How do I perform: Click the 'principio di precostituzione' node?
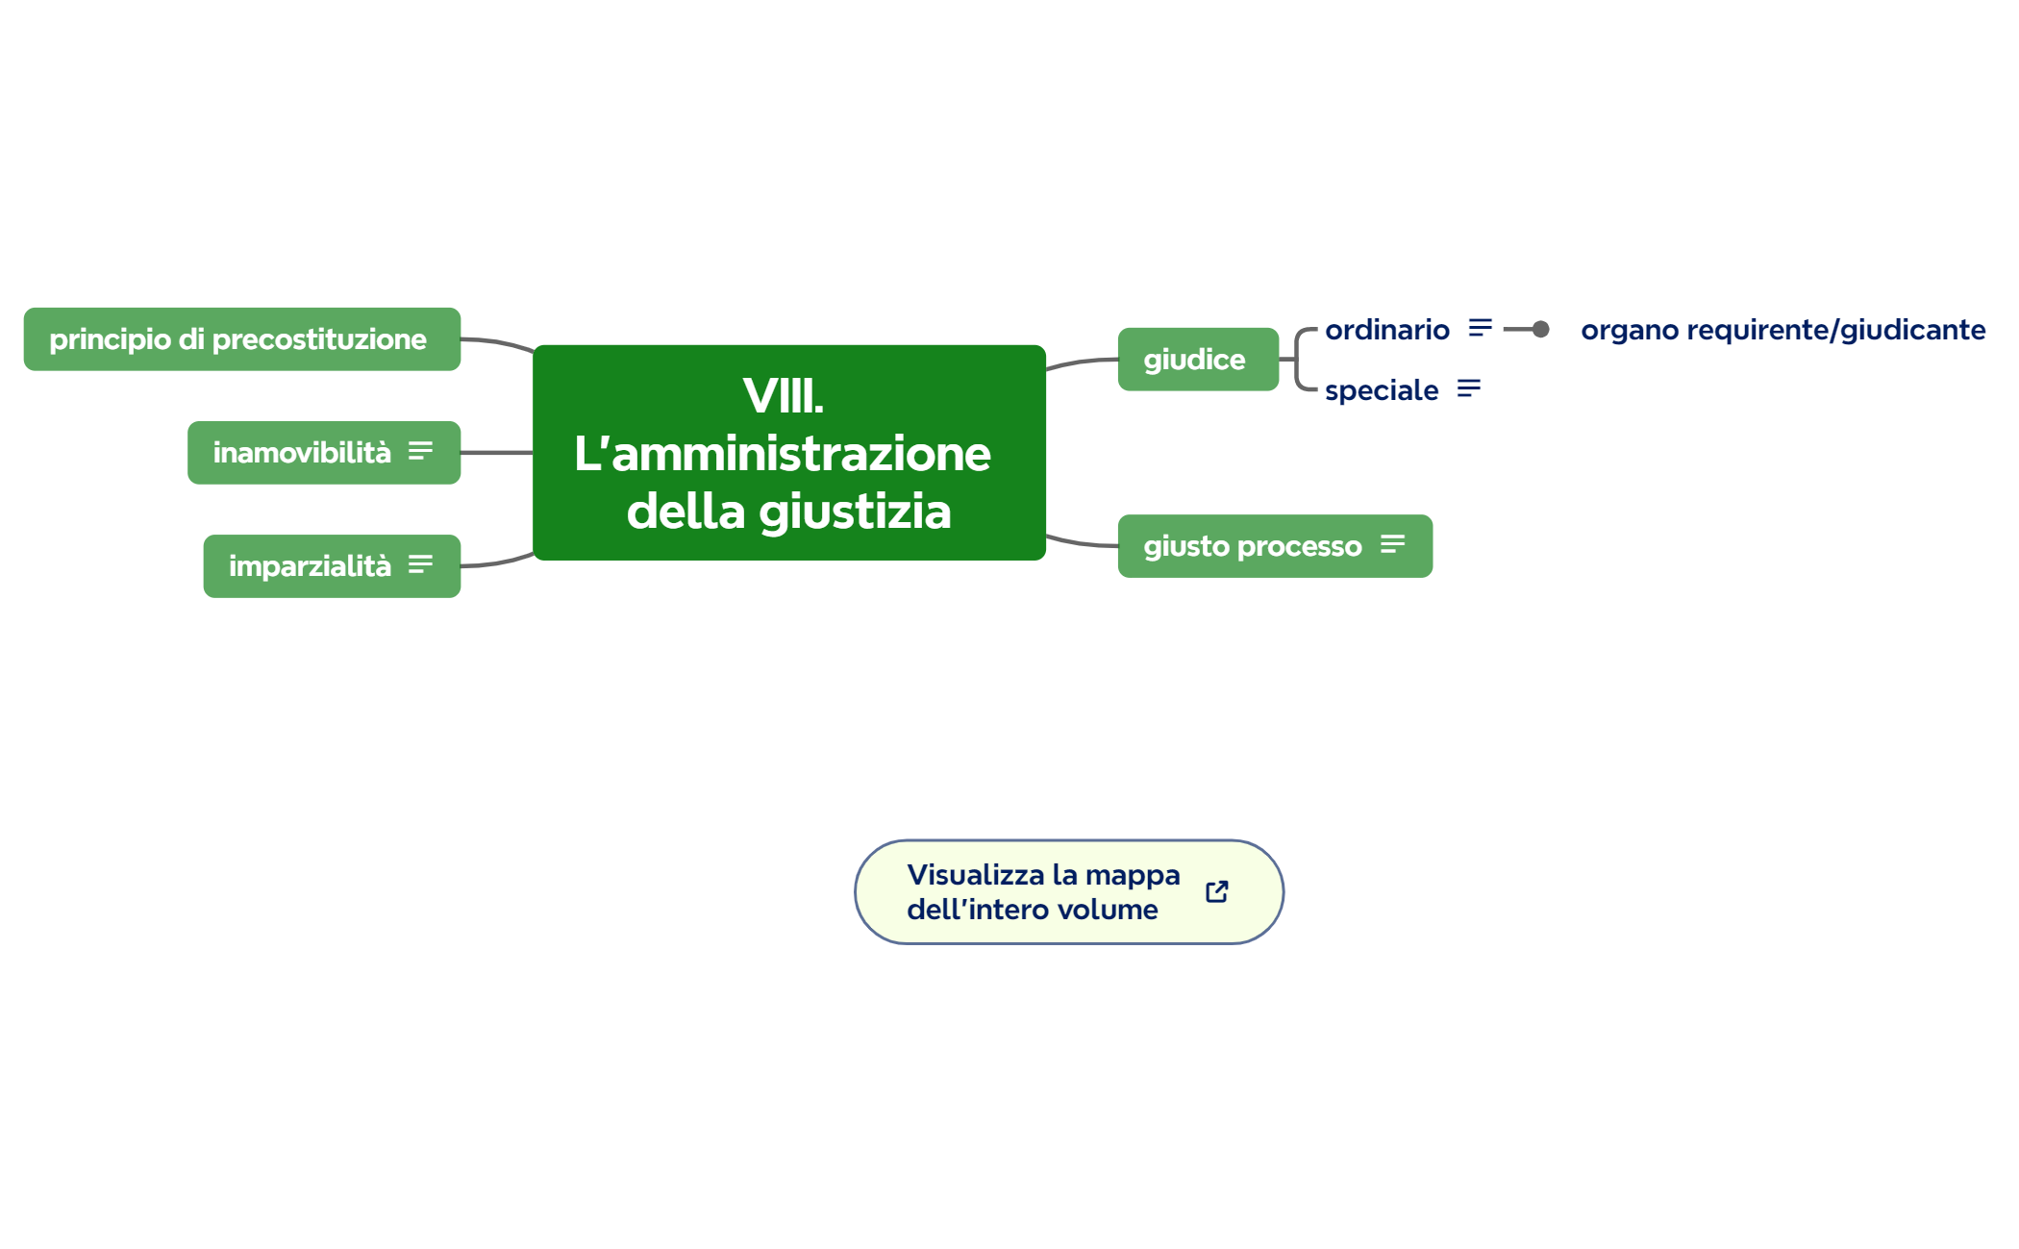point(237,339)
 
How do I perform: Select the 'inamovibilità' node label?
point(302,453)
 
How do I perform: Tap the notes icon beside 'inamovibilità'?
point(420,452)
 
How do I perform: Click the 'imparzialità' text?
point(310,566)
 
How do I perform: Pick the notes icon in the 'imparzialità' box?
point(420,565)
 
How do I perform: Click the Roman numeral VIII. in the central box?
point(783,396)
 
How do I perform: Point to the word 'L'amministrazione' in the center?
point(783,454)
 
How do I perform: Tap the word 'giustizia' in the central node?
point(855,512)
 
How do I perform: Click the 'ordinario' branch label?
point(1386,330)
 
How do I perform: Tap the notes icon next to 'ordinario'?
point(1480,329)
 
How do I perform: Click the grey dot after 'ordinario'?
point(1540,330)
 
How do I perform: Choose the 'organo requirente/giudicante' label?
point(1782,330)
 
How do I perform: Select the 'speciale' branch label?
point(1381,390)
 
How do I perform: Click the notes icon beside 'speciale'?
point(1468,389)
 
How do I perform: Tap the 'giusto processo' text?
point(1252,546)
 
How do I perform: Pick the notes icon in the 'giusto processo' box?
point(1392,545)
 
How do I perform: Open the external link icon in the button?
point(1216,892)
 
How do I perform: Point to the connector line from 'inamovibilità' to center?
point(496,453)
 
